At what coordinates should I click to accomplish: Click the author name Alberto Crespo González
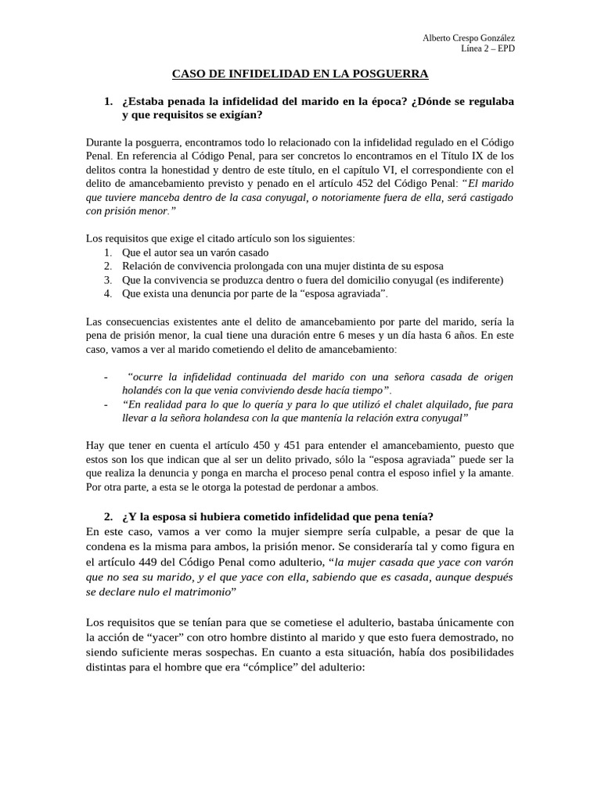point(469,38)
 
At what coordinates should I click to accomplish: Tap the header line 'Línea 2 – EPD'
point(488,48)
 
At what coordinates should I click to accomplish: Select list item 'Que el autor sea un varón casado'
point(196,253)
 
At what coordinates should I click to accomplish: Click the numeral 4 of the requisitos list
point(107,293)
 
